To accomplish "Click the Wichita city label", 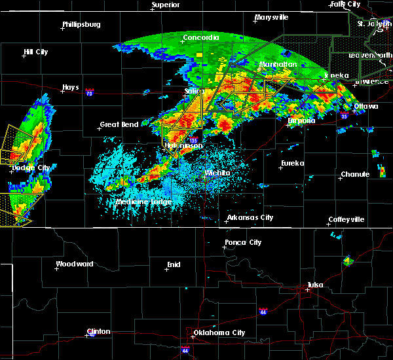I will point(217,173).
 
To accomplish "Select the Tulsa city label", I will point(314,285).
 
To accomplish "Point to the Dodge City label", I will point(31,168).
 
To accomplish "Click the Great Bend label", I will point(119,125).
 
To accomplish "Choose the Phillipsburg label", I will point(81,25).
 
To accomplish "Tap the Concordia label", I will point(200,38).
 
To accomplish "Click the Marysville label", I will point(272,17).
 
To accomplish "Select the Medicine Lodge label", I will point(143,202).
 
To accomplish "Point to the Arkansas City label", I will point(250,217).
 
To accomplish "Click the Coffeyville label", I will point(346,219).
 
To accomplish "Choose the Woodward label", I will point(75,264).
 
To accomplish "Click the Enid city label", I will point(173,264).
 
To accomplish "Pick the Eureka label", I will point(293,164).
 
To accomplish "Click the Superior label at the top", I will point(166,5).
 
